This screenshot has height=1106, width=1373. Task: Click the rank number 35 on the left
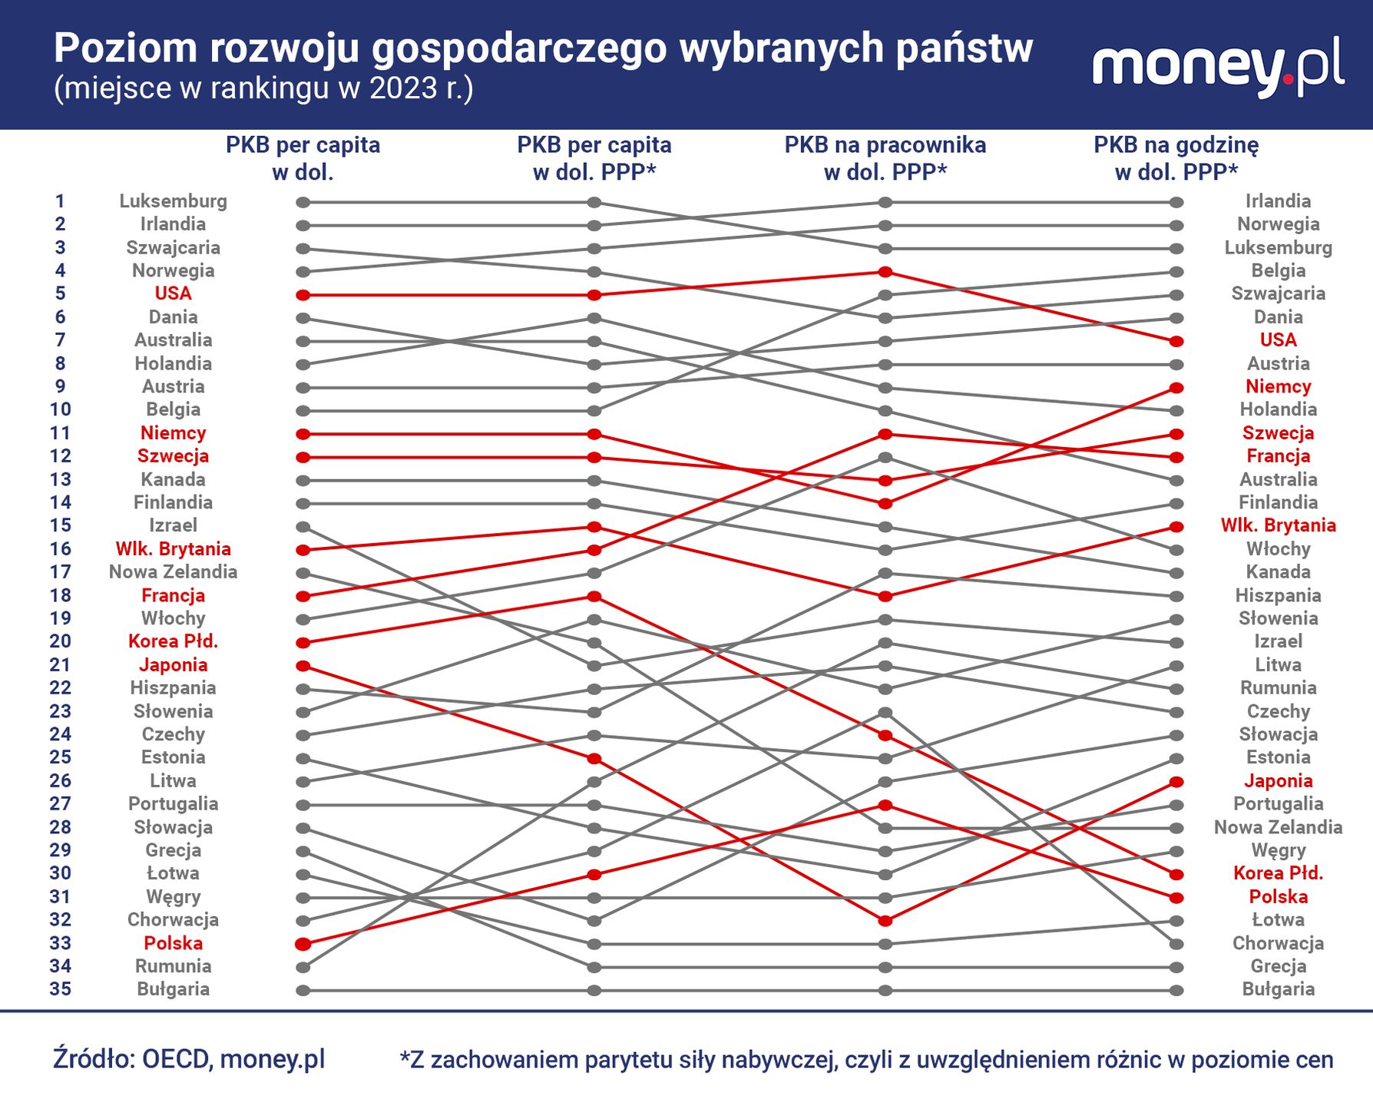click(60, 989)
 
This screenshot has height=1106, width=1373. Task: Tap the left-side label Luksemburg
click(173, 201)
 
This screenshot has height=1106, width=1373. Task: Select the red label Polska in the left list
click(173, 943)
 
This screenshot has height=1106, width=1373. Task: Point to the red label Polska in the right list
click(1278, 897)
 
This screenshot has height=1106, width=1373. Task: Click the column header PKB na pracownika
click(885, 145)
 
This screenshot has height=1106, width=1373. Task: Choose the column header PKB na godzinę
click(1176, 145)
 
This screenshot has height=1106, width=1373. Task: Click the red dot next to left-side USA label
click(303, 295)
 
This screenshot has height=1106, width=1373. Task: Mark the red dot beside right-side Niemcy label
click(1176, 388)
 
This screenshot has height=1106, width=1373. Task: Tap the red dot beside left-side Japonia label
click(303, 666)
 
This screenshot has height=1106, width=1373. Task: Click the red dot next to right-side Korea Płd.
click(1176, 874)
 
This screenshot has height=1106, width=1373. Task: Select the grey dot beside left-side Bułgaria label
click(303, 990)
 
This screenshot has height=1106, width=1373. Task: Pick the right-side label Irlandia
click(1278, 201)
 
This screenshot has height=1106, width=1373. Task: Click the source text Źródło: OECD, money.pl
click(189, 1058)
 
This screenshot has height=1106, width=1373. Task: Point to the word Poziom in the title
click(126, 49)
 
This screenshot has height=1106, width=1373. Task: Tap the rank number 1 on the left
click(60, 201)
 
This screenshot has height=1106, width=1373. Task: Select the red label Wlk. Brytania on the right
click(1278, 525)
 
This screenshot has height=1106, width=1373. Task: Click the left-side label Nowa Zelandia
click(173, 572)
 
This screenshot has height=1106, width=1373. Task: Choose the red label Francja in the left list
click(173, 595)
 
